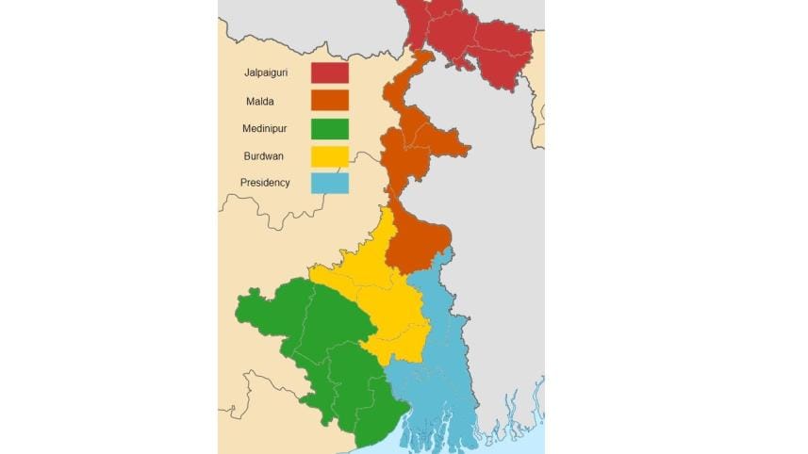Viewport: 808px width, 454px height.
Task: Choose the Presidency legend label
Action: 267,183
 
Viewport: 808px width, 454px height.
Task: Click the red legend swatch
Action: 330,73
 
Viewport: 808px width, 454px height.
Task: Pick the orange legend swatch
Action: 330,100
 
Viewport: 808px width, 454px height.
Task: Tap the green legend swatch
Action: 330,128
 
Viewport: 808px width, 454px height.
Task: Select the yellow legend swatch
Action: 330,155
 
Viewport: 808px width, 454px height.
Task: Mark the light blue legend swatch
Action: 330,183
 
